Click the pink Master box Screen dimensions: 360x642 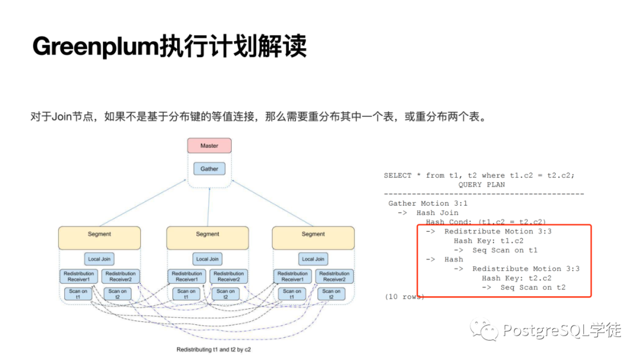pos(209,146)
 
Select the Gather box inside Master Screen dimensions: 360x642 pos(209,169)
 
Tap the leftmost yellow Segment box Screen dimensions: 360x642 pos(99,237)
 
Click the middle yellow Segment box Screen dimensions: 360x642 pos(207,237)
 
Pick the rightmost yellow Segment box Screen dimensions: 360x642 pos(313,237)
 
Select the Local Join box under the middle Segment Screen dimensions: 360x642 pos(207,259)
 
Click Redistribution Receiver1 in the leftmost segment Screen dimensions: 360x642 pos(78,276)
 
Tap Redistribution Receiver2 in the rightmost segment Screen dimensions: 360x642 pos(334,276)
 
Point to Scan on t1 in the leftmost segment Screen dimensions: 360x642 pos(78,294)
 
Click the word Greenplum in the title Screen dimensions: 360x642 pos(95,46)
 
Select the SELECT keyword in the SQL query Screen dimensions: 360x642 pos(398,175)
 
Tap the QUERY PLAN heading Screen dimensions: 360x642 pos(481,185)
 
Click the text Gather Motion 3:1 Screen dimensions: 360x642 pos(428,204)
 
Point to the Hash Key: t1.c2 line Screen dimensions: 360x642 pos(489,241)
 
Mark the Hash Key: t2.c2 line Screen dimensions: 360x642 pos(517,278)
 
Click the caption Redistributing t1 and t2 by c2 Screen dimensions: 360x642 pos(213,350)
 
